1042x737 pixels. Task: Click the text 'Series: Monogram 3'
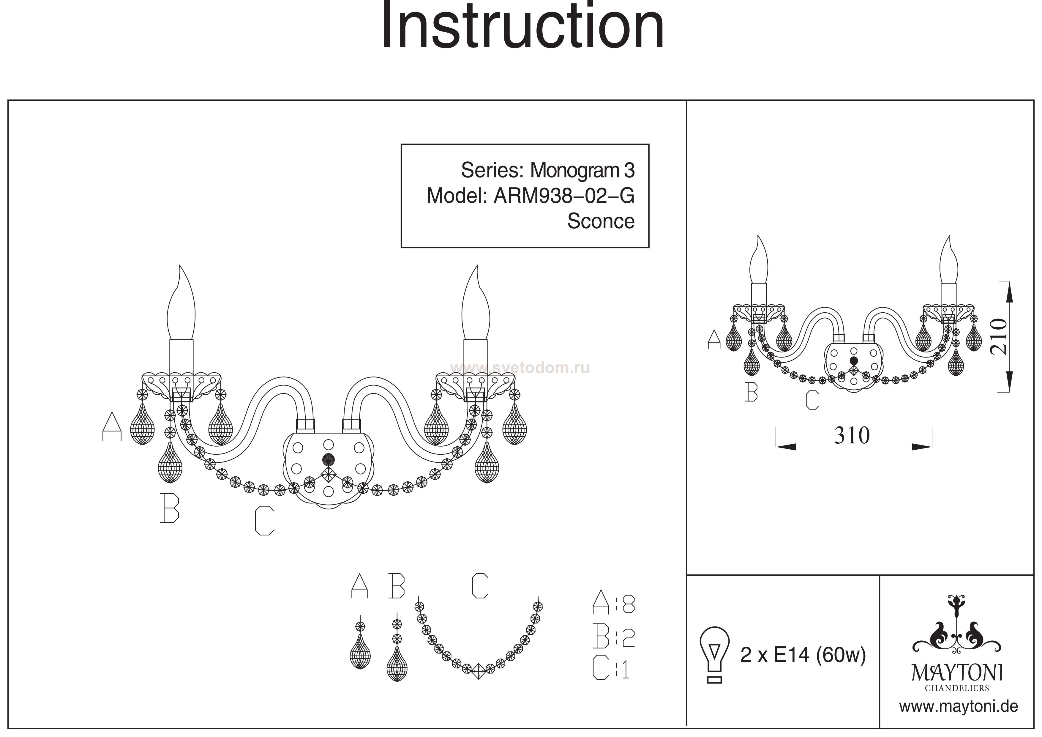tap(547, 170)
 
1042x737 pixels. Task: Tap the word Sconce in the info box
tap(600, 221)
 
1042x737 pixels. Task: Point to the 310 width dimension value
tap(852, 436)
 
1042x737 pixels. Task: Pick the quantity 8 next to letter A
tap(628, 604)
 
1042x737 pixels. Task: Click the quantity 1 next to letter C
tap(626, 669)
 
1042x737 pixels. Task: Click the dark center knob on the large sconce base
tap(328, 459)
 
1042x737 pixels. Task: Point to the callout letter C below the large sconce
tap(264, 521)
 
